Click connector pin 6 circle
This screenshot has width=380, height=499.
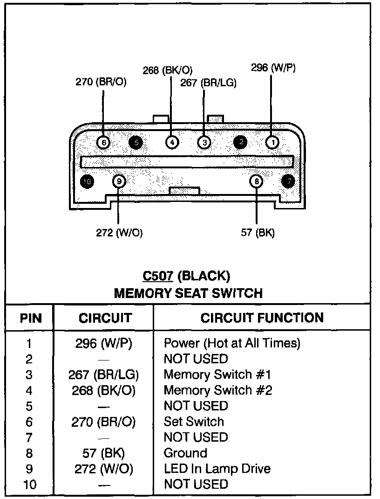click(103, 142)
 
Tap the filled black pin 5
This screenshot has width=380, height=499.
click(136, 142)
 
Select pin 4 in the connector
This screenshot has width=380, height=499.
click(172, 142)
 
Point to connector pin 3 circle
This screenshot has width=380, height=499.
click(204, 142)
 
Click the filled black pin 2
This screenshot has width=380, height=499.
click(240, 142)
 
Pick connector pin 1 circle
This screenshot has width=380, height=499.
click(272, 142)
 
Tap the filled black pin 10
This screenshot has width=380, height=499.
click(87, 181)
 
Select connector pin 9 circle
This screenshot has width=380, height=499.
click(119, 181)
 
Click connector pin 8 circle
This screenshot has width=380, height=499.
click(257, 181)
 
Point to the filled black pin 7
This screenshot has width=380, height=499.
click(289, 181)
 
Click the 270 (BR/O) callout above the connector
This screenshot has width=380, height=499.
click(101, 82)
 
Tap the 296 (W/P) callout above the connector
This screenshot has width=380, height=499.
click(273, 68)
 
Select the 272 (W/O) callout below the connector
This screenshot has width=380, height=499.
click(119, 233)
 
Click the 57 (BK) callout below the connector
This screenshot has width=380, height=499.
click(258, 233)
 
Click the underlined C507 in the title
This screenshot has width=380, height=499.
click(158, 276)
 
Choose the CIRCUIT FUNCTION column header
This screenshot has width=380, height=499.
click(262, 318)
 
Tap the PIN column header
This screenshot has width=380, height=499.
click(31, 319)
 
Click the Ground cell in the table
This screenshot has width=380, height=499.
click(185, 453)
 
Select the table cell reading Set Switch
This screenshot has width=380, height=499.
click(194, 422)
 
